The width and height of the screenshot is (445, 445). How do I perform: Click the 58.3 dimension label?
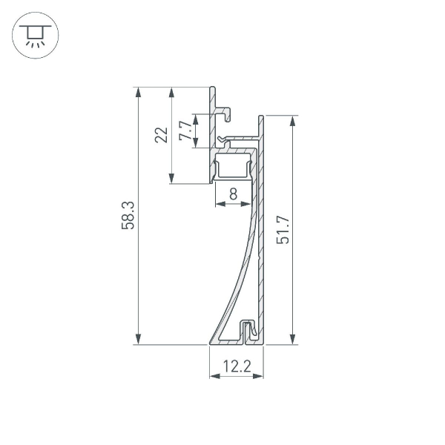128,215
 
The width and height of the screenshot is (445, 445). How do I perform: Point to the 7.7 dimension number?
185,131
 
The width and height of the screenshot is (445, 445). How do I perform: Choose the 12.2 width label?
237,365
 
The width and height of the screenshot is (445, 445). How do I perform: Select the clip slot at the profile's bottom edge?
248,332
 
